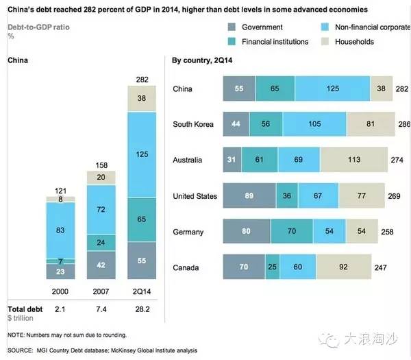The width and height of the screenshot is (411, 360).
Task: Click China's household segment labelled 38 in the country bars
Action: (381, 88)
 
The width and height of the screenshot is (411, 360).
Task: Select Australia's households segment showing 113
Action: (373, 160)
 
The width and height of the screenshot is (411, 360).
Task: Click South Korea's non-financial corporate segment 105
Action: (314, 124)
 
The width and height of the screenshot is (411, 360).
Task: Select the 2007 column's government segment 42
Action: (100, 265)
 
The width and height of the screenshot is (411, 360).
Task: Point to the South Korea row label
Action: (194, 124)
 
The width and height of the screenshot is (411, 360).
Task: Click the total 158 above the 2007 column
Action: (100, 165)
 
